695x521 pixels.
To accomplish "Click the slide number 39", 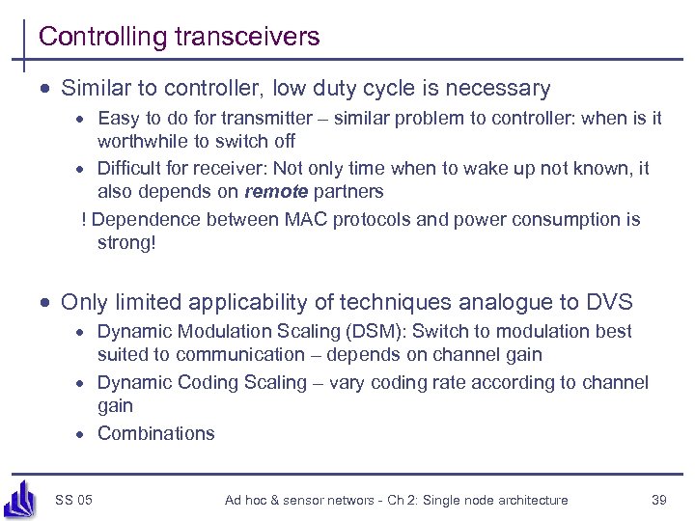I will (x=659, y=500).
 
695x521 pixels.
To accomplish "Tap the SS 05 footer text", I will (x=73, y=500).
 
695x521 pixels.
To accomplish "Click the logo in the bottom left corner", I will (x=20, y=499).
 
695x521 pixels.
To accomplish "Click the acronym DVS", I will (x=609, y=302).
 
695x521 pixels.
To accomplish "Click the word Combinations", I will (x=155, y=433).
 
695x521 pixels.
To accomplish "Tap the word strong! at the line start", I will (x=125, y=242).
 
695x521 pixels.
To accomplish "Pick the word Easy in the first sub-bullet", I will (x=117, y=119).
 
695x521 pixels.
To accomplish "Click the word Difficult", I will (x=131, y=169).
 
